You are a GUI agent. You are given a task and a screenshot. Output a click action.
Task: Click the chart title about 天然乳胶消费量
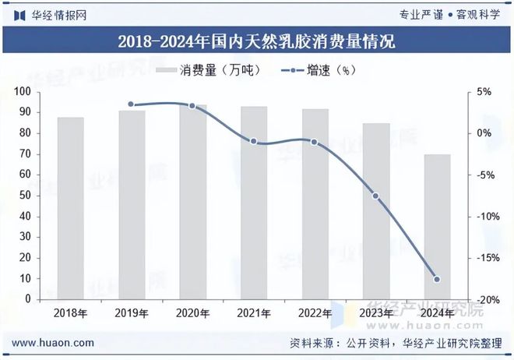[256, 41]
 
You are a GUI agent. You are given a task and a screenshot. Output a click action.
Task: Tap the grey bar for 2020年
[192, 202]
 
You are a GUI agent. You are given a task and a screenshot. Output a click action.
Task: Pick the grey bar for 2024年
[436, 226]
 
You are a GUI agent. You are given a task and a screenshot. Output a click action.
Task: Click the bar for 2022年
[315, 204]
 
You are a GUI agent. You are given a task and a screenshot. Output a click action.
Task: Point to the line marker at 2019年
[131, 104]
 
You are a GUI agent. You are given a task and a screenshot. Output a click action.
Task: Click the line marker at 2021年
[253, 141]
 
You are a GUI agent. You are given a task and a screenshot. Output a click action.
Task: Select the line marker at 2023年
[375, 196]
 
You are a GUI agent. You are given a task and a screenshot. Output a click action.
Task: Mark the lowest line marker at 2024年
[436, 279]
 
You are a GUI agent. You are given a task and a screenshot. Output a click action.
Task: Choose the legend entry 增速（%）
[315, 70]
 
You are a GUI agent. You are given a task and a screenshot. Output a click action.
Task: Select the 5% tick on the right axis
[484, 92]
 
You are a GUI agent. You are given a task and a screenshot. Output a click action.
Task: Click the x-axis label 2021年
[253, 313]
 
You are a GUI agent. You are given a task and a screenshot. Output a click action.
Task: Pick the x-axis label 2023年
[375, 313]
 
